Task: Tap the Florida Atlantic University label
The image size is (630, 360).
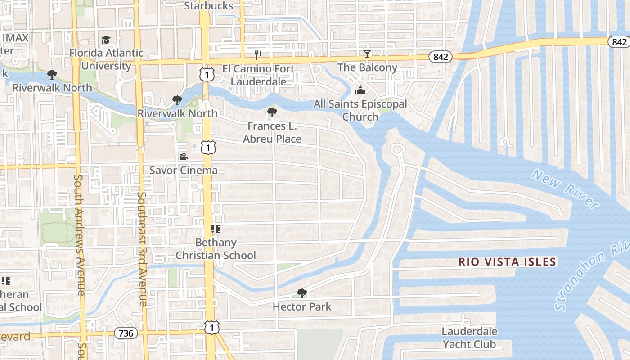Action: [106, 59]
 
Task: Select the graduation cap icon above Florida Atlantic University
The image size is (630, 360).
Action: [106, 40]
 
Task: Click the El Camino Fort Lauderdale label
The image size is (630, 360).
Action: [258, 75]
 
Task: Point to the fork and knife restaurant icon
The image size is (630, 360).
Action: [258, 55]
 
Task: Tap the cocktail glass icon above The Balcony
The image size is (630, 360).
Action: [367, 54]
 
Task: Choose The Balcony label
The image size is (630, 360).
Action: [367, 68]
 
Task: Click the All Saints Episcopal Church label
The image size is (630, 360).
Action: [360, 110]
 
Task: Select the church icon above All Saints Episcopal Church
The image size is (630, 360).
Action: [360, 91]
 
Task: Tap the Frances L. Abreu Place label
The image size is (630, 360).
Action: [272, 132]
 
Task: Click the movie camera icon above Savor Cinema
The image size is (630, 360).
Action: [183, 157]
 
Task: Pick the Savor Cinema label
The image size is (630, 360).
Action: [183, 171]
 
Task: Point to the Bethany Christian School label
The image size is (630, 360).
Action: [216, 249]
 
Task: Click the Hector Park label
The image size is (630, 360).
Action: [302, 307]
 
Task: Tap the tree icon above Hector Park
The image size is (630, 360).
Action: [302, 293]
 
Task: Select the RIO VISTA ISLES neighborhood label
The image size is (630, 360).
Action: [507, 262]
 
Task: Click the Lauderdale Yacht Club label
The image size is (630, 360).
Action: [469, 338]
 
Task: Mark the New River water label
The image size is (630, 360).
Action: [564, 188]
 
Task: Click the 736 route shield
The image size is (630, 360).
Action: [126, 333]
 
